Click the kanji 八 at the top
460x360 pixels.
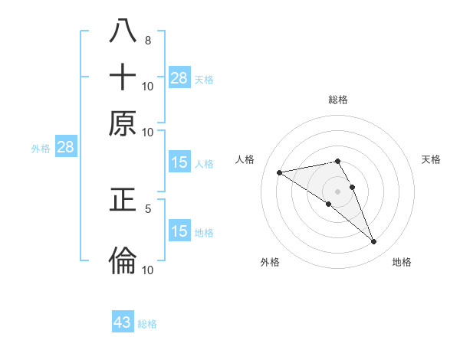(x=123, y=31)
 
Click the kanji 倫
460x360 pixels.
(x=123, y=260)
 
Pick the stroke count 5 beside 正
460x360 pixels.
(x=147, y=208)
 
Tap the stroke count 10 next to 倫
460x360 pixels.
(x=148, y=269)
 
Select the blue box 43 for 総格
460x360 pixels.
(x=123, y=322)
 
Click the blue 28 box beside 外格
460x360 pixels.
(x=65, y=148)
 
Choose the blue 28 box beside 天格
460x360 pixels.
(x=179, y=77)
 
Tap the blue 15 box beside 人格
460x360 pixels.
(x=179, y=162)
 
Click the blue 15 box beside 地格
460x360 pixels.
(x=179, y=231)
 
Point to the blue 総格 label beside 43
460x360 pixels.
(x=147, y=324)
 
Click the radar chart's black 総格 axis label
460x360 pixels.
(x=337, y=100)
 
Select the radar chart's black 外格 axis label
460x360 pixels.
(x=270, y=263)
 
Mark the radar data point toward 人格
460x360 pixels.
(x=280, y=172)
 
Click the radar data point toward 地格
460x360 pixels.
(x=374, y=242)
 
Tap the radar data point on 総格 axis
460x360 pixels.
(x=337, y=161)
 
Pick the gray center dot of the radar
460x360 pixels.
(x=337, y=191)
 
